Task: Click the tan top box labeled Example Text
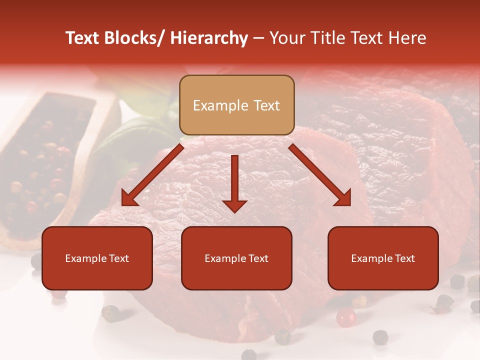(236, 105)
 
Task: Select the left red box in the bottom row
(97, 258)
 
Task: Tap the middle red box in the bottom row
(236, 258)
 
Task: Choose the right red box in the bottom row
(383, 258)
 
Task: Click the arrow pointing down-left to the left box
(152, 175)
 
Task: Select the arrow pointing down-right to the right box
(320, 175)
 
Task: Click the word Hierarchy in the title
(209, 38)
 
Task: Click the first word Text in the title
(83, 38)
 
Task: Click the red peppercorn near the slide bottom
(345, 317)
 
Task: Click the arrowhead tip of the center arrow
(234, 211)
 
